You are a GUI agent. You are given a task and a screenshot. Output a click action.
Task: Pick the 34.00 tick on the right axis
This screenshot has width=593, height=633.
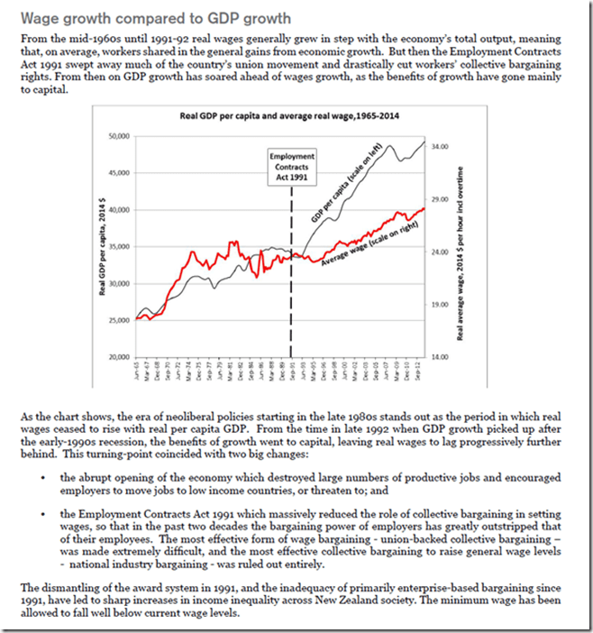436,145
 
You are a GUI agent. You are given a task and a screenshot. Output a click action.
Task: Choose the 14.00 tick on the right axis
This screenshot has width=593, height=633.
436,357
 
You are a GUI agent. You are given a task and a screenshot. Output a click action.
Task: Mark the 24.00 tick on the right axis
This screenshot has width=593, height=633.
436,252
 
